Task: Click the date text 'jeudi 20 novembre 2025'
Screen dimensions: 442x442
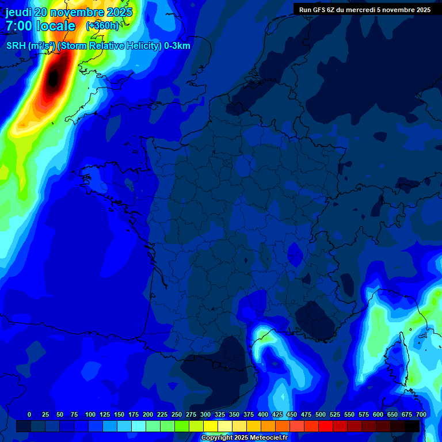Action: (69, 12)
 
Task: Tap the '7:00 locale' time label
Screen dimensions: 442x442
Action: (40, 26)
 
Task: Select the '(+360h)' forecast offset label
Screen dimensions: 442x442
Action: (102, 26)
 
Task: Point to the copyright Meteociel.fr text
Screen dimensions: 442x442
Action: (244, 437)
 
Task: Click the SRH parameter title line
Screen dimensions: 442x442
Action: (98, 45)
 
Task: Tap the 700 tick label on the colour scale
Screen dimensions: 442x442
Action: (421, 414)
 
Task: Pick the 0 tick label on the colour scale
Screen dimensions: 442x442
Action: (29, 414)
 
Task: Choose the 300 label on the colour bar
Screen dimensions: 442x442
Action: (205, 414)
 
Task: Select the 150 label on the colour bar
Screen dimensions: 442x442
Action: (119, 414)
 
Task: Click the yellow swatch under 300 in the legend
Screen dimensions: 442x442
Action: (211, 426)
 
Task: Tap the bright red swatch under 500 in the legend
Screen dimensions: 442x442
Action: (326, 426)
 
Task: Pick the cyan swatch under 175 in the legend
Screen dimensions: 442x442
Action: (139, 426)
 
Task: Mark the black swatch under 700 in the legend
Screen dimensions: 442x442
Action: (412, 426)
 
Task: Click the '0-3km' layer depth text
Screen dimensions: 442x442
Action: (177, 45)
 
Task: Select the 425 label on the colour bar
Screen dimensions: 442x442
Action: (277, 414)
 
